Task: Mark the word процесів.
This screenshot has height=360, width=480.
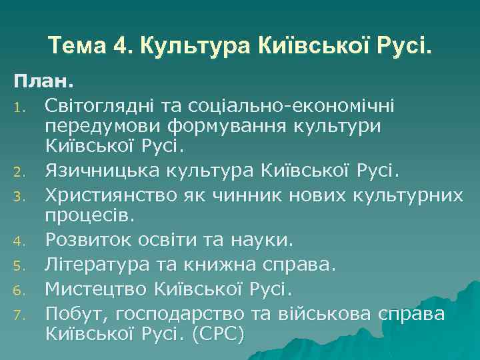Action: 89,216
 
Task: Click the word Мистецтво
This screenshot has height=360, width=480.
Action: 97,289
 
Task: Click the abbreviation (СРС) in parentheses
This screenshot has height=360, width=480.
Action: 219,332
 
